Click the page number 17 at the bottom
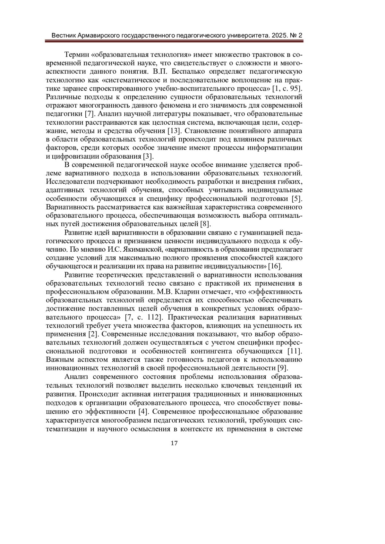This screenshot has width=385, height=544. pyautogui.click(x=174, y=443)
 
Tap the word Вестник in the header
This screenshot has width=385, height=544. pyautogui.click(x=64, y=35)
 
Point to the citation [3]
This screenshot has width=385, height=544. pyautogui.click(x=148, y=157)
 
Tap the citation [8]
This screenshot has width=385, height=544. pyautogui.click(x=205, y=223)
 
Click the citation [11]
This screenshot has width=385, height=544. pyautogui.click(x=295, y=351)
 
